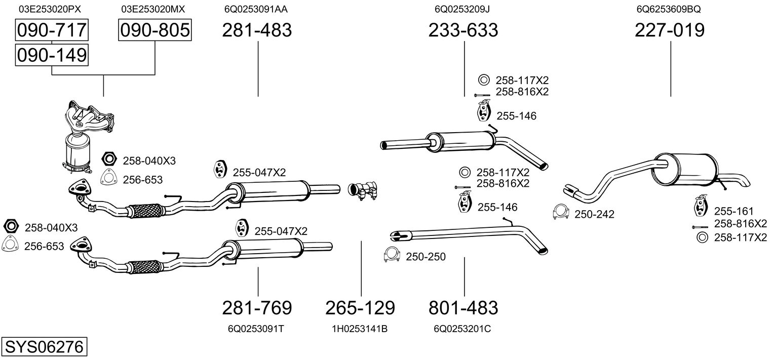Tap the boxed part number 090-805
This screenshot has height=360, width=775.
click(155, 31)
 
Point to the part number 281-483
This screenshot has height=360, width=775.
click(258, 31)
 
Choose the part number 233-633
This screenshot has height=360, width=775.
click(463, 31)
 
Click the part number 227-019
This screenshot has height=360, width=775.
click(670, 31)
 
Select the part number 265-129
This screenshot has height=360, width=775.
click(360, 307)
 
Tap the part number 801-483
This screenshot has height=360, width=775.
click(463, 307)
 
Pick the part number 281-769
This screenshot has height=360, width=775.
click(257, 307)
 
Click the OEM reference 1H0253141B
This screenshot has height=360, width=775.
click(360, 329)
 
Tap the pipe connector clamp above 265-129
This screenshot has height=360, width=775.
click(364, 190)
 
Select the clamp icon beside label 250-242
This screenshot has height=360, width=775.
click(561, 213)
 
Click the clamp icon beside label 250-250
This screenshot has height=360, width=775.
click(392, 256)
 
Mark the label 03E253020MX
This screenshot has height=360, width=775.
click(153, 9)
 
